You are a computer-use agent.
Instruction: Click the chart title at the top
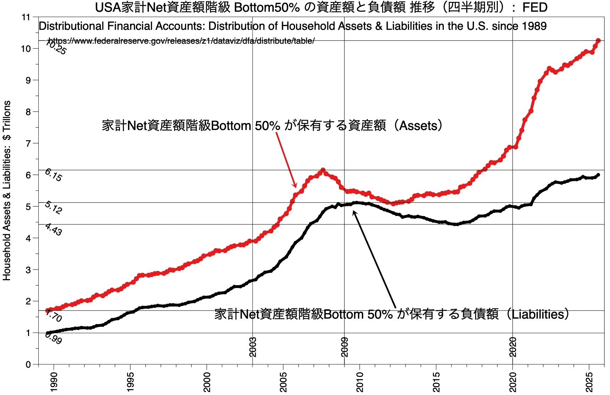[321, 7]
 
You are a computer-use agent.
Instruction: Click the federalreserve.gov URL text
[181, 41]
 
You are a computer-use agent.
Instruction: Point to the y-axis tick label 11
[26, 17]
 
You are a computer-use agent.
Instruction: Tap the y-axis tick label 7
[28, 144]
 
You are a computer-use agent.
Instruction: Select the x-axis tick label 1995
[131, 382]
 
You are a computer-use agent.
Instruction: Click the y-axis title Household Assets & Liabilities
[7, 190]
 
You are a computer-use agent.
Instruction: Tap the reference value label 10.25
[56, 48]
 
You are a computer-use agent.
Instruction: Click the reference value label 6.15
[53, 175]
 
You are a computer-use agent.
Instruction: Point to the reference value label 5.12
[53, 208]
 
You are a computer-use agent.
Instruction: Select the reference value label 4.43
[53, 229]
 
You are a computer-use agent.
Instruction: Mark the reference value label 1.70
[54, 316]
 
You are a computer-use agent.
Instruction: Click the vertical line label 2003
[253, 347]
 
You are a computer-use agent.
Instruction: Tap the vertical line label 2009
[344, 347]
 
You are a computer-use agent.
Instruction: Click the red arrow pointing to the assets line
[286, 160]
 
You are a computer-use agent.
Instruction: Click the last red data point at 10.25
[598, 41]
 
